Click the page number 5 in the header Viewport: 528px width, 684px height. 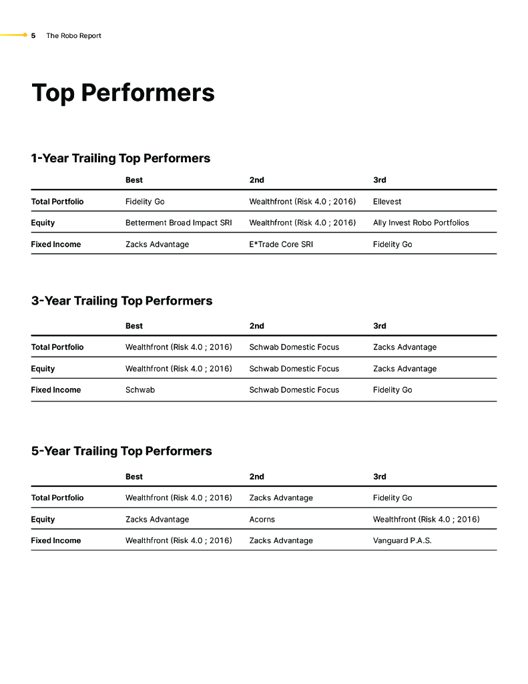(x=33, y=35)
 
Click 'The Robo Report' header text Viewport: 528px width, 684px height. (x=73, y=35)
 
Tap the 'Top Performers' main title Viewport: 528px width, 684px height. (x=123, y=93)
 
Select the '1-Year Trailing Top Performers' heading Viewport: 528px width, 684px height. (x=120, y=158)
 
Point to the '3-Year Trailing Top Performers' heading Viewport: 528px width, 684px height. (x=121, y=301)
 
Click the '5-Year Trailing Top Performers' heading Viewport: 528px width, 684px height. (x=121, y=451)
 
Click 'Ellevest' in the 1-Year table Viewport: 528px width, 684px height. (x=387, y=201)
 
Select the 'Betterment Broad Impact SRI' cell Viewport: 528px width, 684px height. (x=178, y=222)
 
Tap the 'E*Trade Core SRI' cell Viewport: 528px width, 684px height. (x=281, y=244)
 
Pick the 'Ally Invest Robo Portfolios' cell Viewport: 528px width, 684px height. (x=421, y=222)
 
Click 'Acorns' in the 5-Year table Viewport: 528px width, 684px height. (x=262, y=519)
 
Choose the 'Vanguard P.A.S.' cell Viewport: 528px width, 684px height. (x=402, y=540)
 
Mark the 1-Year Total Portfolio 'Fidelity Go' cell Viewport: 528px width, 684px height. (x=145, y=201)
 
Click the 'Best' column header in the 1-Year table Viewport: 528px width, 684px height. (x=134, y=180)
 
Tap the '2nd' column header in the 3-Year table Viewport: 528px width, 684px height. (x=256, y=326)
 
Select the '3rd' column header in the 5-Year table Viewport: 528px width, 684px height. (x=379, y=476)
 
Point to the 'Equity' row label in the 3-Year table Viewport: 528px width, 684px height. (x=43, y=368)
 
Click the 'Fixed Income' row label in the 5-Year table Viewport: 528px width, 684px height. (x=55, y=540)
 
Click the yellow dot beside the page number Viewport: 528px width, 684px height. (x=25, y=35)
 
